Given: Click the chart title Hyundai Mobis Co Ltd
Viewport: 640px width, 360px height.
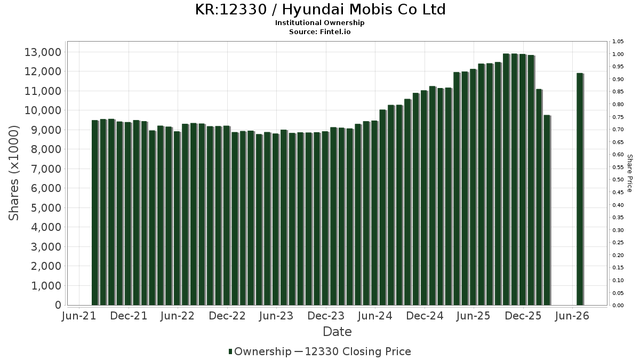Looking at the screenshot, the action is click(364, 10).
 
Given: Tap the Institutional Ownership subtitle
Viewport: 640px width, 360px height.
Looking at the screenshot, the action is click(319, 23).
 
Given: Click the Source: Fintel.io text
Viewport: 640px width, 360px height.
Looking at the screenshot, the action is click(319, 31).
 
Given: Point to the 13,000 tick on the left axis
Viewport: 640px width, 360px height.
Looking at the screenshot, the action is click(43, 52).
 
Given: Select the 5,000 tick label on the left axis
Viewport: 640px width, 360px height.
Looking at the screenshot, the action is click(46, 207).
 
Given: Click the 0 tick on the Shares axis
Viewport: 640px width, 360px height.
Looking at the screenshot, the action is click(58, 305).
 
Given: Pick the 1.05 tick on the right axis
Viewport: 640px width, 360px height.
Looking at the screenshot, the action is click(618, 42).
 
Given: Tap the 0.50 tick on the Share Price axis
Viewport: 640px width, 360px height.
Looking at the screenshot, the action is click(618, 180).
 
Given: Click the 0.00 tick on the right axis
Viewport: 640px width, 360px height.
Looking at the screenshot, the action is click(618, 306).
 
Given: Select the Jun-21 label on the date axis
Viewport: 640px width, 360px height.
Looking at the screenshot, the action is click(79, 316).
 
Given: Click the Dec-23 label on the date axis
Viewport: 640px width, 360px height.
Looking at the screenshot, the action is click(326, 316).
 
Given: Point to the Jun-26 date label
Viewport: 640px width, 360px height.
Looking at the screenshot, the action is click(572, 316).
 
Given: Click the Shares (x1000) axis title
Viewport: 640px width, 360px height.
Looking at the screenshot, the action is click(13, 173).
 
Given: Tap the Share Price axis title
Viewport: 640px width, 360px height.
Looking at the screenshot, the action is click(629, 173).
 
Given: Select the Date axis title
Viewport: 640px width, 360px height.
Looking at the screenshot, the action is click(337, 332).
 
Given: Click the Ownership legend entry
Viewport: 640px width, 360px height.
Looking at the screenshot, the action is click(260, 351).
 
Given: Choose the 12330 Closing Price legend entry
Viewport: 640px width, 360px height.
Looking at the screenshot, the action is click(353, 351).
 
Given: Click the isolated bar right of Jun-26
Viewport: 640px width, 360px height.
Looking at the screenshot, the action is click(580, 189).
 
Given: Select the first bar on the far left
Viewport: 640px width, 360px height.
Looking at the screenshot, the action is click(95, 213).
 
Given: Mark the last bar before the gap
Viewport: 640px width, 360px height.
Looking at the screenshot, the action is click(547, 210).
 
